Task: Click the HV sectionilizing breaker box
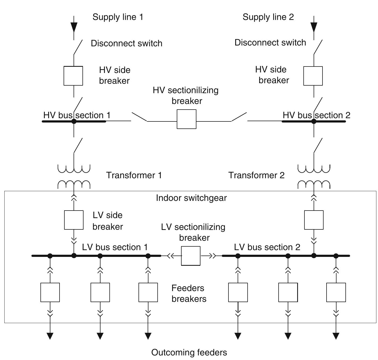[x=186, y=119]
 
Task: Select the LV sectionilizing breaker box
[x=191, y=256]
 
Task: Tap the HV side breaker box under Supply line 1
[x=73, y=76]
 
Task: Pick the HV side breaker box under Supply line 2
[x=313, y=76]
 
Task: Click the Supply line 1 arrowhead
[x=74, y=27]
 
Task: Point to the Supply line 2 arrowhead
[x=314, y=27]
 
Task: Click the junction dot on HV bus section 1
[x=74, y=121]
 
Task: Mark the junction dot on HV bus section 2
[x=314, y=121]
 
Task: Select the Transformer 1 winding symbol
[x=74, y=177]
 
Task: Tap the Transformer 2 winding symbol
[x=314, y=177]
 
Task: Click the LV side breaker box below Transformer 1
[x=74, y=220]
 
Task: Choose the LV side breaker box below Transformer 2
[x=314, y=220]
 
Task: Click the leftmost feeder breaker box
[x=50, y=292]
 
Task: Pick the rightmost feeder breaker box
[x=336, y=292]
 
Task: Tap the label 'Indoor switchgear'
[x=191, y=198]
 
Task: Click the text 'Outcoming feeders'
[x=189, y=352]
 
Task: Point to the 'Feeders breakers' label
[x=189, y=293]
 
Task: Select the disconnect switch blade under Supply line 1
[x=78, y=47]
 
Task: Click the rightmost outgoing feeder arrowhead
[x=336, y=336]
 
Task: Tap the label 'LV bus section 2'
[x=267, y=247]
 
